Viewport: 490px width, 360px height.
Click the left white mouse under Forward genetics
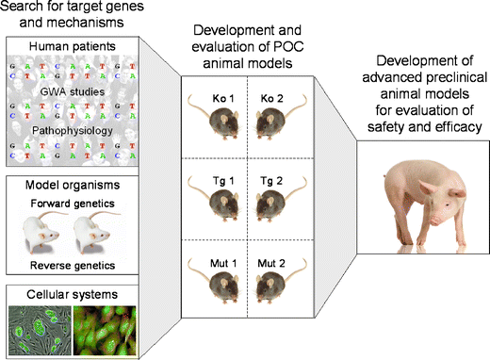coord(41,233)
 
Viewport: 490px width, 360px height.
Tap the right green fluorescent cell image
coord(104,330)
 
